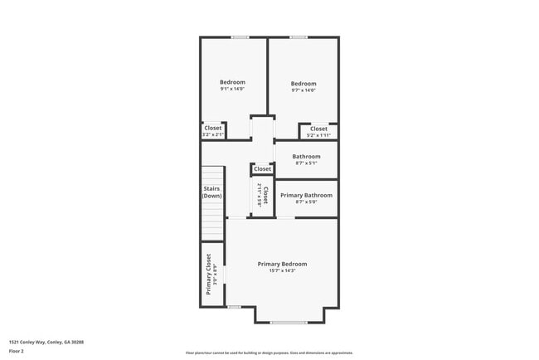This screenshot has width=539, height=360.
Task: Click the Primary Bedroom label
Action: coord(282,264)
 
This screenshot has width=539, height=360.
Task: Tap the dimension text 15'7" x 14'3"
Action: coord(282,270)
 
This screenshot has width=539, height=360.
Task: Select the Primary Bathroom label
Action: coord(306,195)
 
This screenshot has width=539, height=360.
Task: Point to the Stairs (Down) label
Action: coord(212,192)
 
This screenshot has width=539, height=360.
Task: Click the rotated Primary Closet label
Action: coord(209,275)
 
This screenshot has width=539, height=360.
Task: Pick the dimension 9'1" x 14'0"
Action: coord(232,89)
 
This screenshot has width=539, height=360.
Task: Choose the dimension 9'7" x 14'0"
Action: coord(303,90)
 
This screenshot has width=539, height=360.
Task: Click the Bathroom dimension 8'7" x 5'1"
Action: coord(306,163)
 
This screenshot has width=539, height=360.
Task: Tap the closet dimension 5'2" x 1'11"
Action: coord(318,135)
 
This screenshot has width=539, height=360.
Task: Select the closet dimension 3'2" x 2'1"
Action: coord(213,134)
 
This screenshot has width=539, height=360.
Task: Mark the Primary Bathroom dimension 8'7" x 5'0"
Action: coord(306,202)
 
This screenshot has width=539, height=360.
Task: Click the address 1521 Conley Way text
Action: coord(46,342)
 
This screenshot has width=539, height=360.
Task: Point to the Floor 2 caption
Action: coord(17,351)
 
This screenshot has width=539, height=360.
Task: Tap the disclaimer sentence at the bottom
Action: coord(269,353)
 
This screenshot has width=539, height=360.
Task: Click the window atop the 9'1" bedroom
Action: coord(240,36)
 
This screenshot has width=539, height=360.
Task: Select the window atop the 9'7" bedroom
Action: coord(299,36)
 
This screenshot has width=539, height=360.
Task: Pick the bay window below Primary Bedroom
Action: coord(289,322)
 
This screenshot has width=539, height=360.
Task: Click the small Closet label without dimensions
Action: coord(263,169)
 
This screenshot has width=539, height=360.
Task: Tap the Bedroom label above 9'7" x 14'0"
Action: coord(303,84)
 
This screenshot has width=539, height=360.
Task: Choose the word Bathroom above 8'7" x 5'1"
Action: coord(306,156)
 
